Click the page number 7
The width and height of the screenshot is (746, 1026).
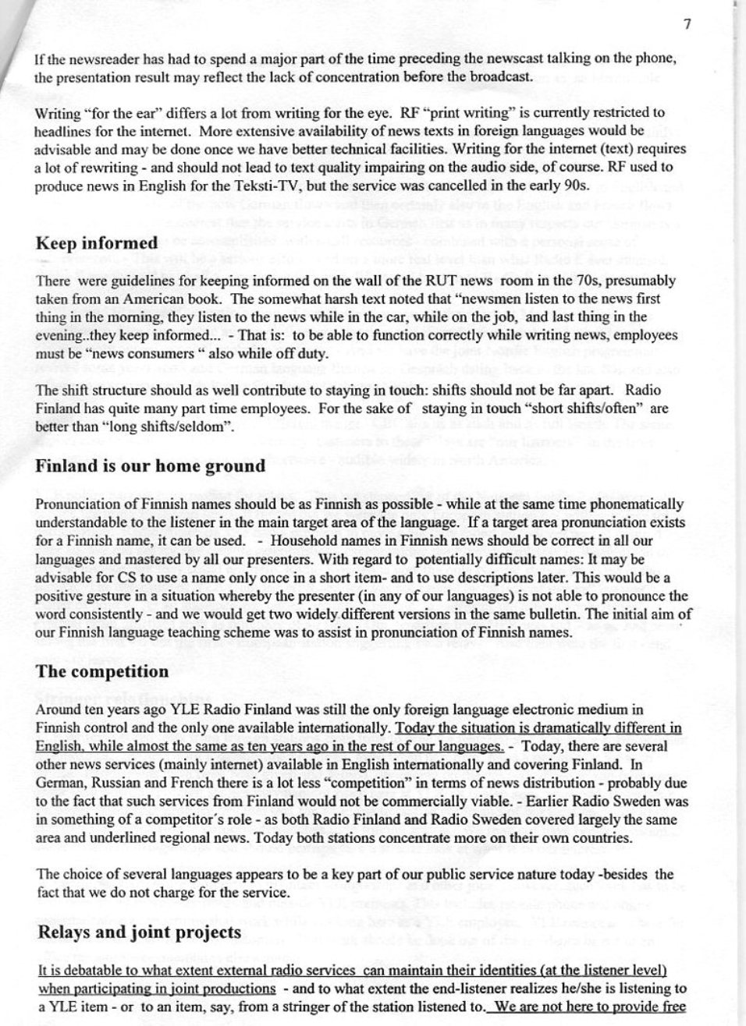[x=687, y=24]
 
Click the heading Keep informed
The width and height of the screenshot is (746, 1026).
[x=96, y=243]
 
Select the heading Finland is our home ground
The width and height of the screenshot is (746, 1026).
[x=151, y=466]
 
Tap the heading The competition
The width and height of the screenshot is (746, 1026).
[x=101, y=671]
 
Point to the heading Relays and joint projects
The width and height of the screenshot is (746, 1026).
[x=138, y=933]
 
